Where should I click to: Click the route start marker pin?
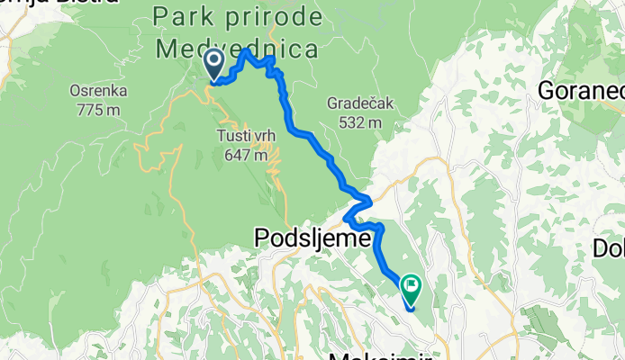215,65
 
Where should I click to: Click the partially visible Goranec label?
580,90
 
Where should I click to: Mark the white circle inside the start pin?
215,61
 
